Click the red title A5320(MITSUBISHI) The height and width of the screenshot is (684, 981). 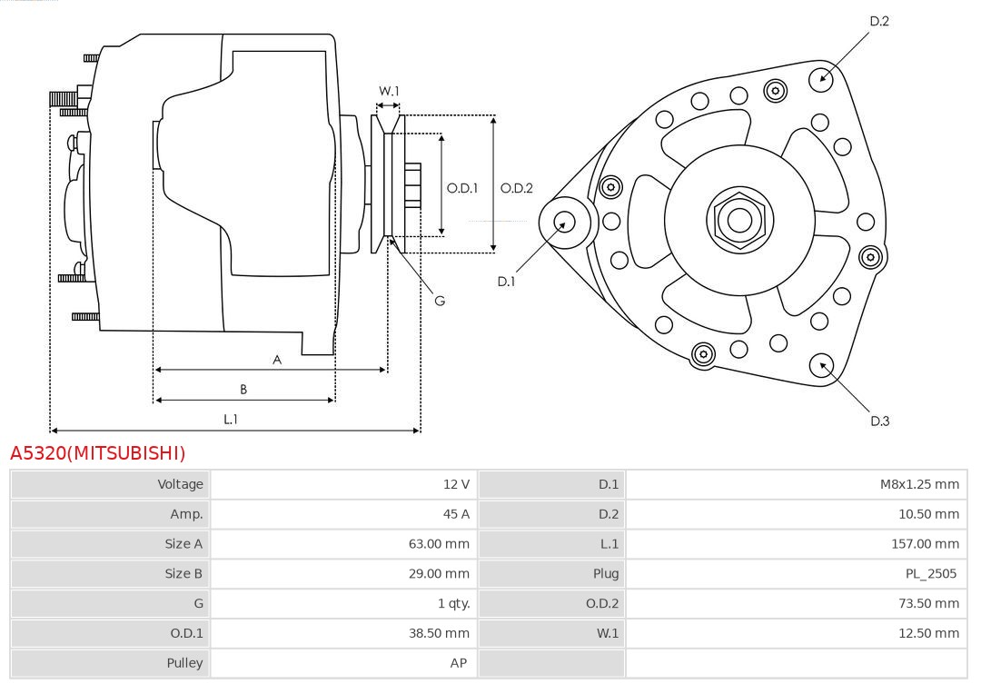(97, 453)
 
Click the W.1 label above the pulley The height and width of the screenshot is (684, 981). (389, 91)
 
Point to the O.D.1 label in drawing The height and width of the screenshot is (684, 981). (462, 188)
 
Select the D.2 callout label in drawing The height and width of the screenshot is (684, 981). (879, 21)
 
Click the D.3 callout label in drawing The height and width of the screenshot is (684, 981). (879, 421)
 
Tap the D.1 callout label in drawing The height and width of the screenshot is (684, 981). (506, 282)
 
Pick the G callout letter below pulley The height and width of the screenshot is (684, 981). (440, 301)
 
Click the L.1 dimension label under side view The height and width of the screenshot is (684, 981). (231, 419)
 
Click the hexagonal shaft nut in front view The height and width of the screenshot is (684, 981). (739, 220)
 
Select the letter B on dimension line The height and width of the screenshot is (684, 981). (243, 390)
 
